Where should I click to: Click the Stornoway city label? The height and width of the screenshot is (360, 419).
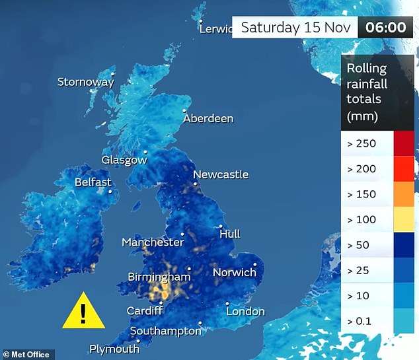pos(85,83)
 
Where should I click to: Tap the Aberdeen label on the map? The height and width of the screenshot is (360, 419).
pos(208,119)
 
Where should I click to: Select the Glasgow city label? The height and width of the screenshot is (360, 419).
pos(124,161)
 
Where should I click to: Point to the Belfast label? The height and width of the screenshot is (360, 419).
pos(93,182)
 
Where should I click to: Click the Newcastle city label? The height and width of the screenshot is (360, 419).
pos(221,174)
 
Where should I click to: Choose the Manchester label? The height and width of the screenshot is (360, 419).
pos(153,242)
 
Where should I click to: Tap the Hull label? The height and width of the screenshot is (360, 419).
pos(229,234)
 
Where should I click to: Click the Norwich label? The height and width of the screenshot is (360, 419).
pos(234,272)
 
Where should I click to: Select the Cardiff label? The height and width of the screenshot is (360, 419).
pos(145,311)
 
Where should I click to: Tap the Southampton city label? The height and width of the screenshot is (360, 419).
pos(165,331)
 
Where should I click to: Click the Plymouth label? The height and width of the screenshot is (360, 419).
pos(114,349)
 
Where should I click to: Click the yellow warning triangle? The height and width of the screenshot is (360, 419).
pos(83,311)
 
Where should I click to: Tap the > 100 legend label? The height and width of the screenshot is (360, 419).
pos(362,219)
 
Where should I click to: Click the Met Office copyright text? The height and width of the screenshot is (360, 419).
pos(26,355)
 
